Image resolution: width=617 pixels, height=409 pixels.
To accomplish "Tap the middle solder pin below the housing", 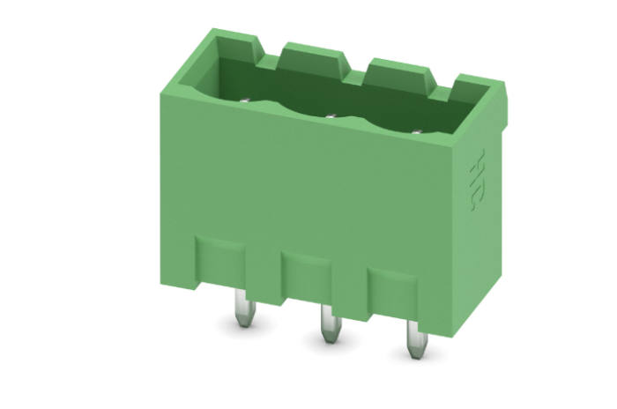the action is pyautogui.click(x=331, y=323).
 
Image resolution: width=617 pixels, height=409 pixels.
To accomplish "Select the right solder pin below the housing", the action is pyautogui.click(x=417, y=339).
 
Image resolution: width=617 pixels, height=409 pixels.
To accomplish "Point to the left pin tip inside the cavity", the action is pyautogui.click(x=246, y=100).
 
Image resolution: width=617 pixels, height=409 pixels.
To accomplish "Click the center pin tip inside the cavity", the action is pyautogui.click(x=331, y=116).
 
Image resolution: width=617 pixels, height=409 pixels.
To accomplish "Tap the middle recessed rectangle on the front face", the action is pyautogui.click(x=306, y=276).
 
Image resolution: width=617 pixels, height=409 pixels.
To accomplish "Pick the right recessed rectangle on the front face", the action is pyautogui.click(x=392, y=292).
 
